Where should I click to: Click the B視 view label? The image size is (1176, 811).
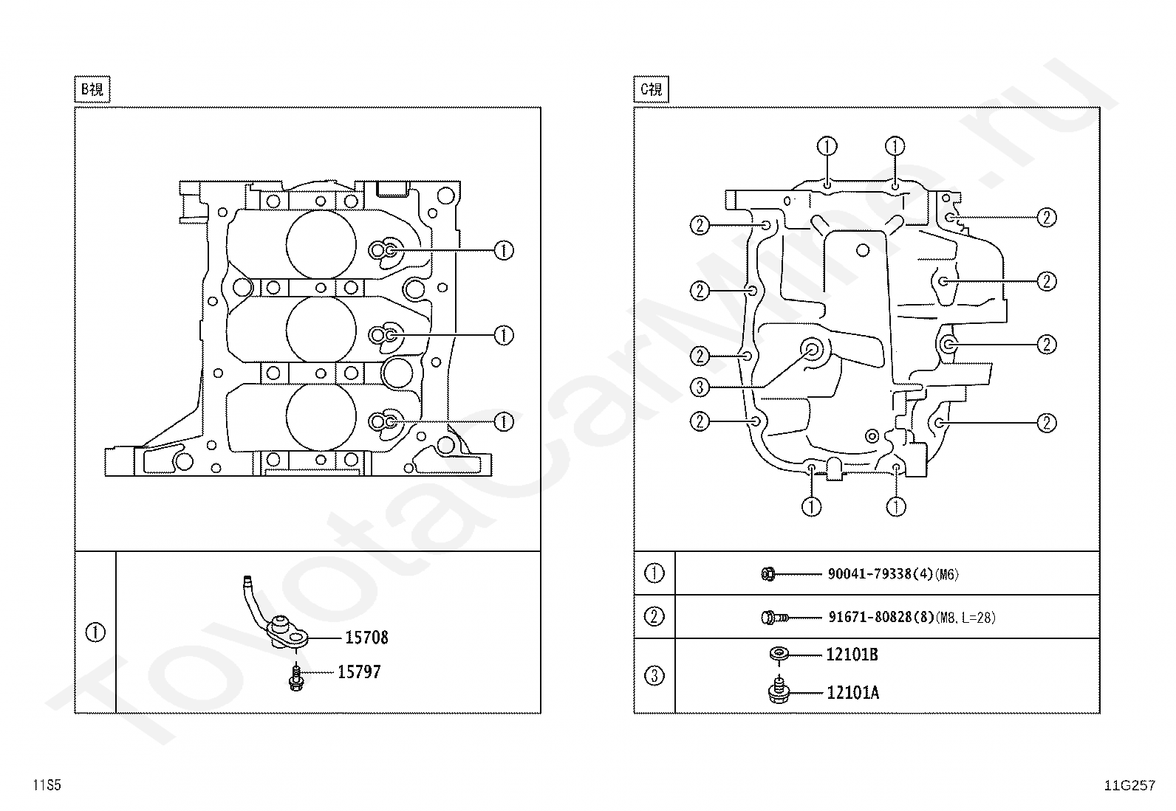pos(92,90)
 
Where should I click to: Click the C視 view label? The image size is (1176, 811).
pos(652,90)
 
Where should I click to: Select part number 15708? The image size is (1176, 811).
pos(366,638)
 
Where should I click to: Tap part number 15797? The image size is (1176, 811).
pos(359,672)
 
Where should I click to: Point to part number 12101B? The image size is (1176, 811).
pos(852,655)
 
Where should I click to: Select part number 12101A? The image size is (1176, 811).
pos(852,693)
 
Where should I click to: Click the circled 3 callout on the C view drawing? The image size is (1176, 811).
pos(700,387)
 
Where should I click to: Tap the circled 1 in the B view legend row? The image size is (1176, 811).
pos(95,633)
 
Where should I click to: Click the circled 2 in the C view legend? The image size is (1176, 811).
pos(654,616)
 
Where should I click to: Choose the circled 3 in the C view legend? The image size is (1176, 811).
pos(654,676)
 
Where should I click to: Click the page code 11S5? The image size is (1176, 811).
pos(47,785)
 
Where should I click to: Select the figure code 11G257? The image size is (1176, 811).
pos(1129,785)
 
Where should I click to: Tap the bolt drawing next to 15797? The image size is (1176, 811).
pos(295,678)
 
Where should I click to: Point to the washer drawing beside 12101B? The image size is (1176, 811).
pos(778,653)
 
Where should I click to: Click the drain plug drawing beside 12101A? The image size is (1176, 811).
pos(778,691)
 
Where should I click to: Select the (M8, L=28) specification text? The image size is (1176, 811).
pos(965,618)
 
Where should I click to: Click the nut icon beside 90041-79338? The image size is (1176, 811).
pos(768,573)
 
